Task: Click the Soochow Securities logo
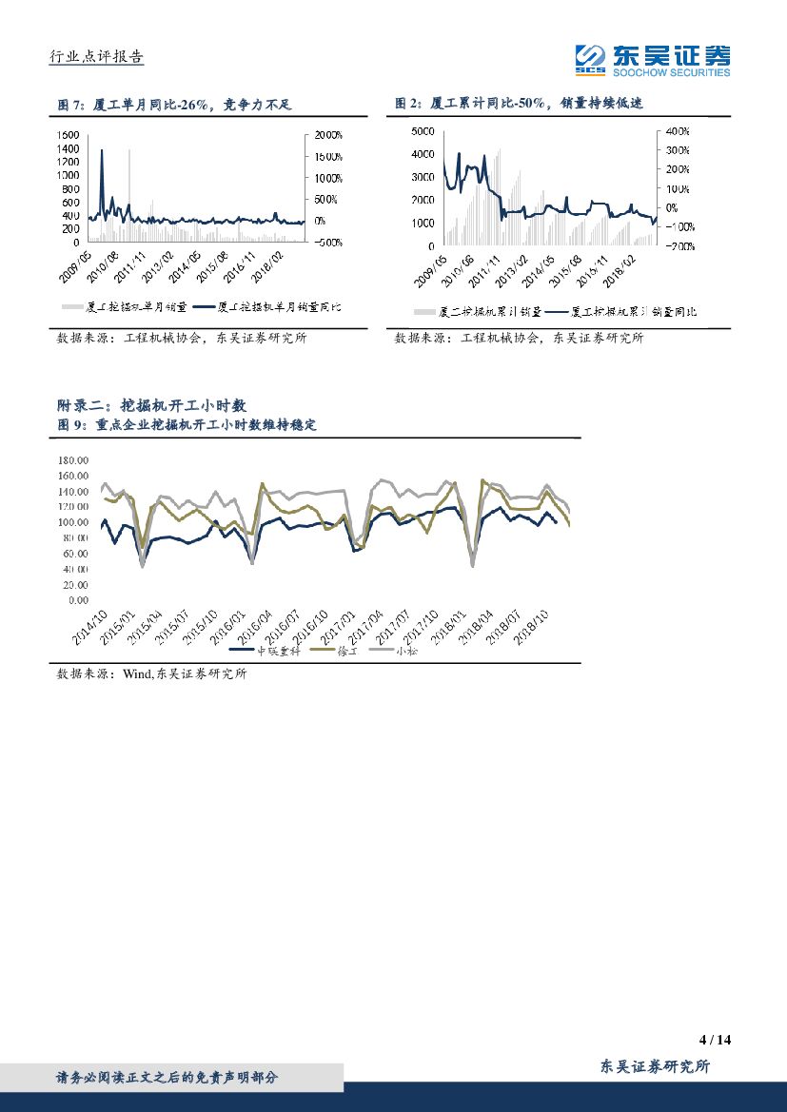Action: [653, 60]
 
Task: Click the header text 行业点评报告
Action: [96, 57]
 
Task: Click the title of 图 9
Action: [187, 425]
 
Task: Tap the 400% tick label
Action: [677, 131]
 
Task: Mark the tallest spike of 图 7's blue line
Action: [102, 150]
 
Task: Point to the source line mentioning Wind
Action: [152, 674]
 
